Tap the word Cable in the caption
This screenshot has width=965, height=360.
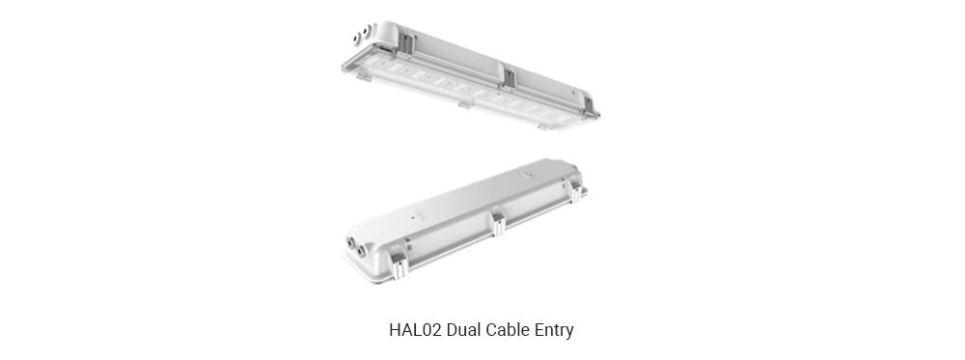tap(513, 330)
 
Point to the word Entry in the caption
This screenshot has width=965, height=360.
tap(557, 330)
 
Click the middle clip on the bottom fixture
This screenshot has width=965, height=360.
tap(499, 224)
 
